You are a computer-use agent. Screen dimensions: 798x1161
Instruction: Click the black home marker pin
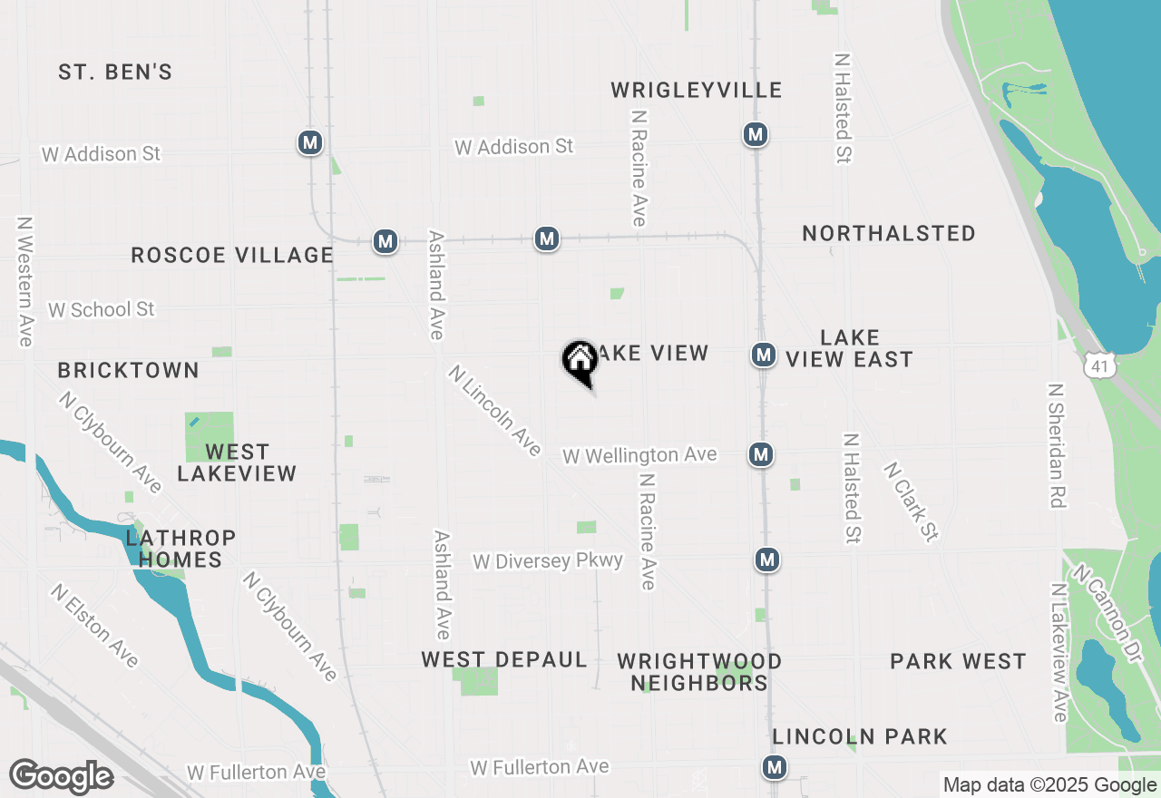click(x=580, y=361)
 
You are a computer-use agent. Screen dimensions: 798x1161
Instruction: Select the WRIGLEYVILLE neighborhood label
click(x=696, y=90)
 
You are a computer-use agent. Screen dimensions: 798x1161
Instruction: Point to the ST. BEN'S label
click(x=115, y=73)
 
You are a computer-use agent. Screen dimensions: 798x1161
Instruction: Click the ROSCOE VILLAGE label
click(x=232, y=256)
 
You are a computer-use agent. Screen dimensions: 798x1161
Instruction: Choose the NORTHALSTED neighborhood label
click(x=888, y=234)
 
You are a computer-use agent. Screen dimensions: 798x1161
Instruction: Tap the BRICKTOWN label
click(x=128, y=370)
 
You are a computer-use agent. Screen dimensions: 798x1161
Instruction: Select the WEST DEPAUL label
click(x=503, y=660)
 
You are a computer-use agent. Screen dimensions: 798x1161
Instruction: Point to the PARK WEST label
click(x=958, y=661)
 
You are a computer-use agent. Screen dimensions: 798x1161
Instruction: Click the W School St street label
click(x=102, y=309)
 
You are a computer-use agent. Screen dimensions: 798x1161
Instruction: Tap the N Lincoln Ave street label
click(x=495, y=411)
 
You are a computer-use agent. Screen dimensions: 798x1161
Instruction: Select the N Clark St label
click(x=911, y=501)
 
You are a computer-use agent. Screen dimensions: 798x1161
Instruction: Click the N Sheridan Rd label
click(x=1057, y=444)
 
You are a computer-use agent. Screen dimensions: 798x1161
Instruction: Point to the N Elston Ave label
click(x=95, y=626)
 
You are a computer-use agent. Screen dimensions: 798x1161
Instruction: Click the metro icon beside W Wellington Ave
click(x=760, y=454)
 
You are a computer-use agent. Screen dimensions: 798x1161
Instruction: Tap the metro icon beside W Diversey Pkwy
click(x=767, y=560)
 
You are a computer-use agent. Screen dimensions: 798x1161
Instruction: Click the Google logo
click(x=61, y=776)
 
